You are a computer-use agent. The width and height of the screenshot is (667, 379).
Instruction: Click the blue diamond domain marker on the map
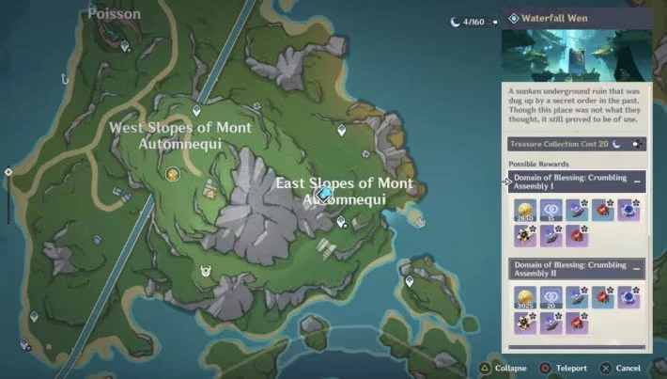point(325,194)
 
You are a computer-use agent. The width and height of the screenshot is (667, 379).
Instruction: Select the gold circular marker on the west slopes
point(172,174)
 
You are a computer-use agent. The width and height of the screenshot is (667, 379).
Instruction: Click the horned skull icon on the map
point(207,271)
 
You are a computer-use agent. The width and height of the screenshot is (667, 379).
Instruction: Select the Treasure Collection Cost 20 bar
point(575,145)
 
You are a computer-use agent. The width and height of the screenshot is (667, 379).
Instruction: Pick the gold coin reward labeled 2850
point(524,213)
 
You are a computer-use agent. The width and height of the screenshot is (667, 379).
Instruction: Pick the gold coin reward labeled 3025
point(524,300)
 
